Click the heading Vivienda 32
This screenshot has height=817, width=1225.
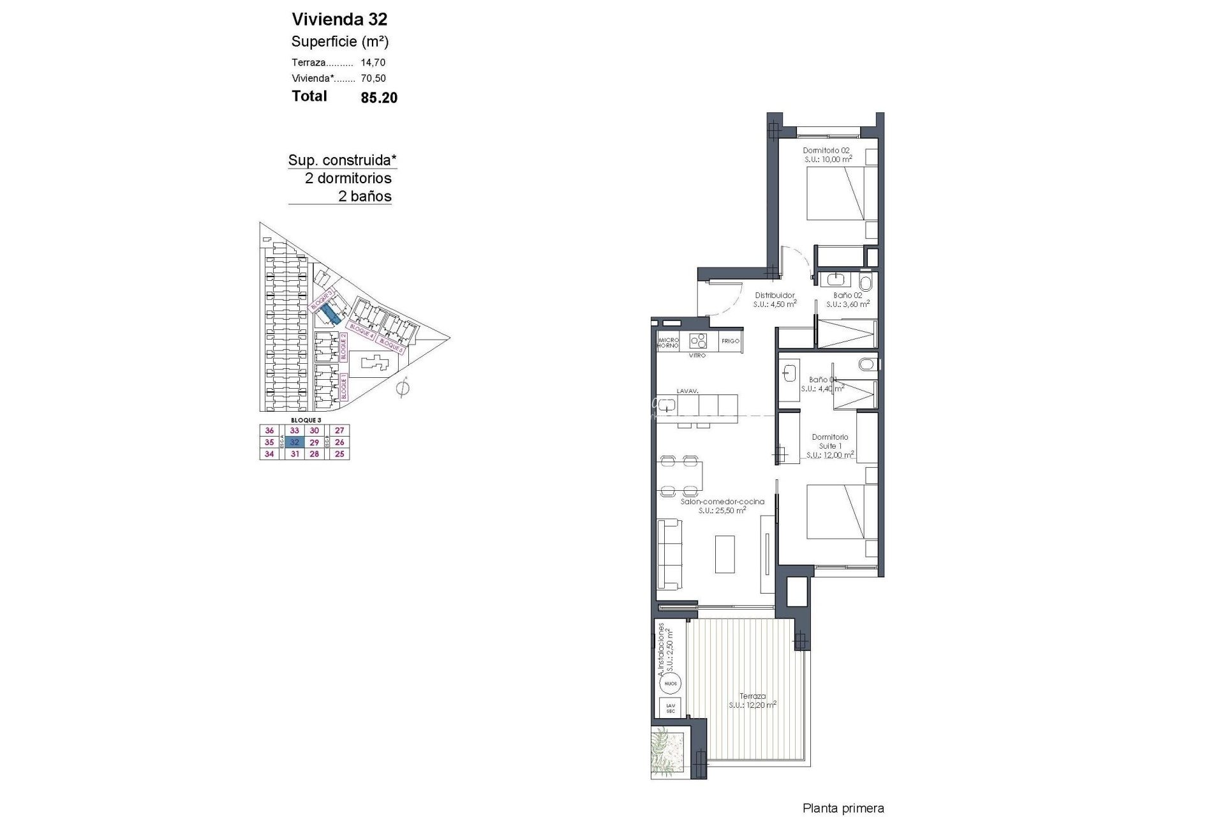coord(339,19)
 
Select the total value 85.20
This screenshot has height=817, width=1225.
coord(379,98)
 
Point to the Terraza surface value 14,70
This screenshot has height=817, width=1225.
coord(373,63)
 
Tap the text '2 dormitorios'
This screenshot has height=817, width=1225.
coord(348,178)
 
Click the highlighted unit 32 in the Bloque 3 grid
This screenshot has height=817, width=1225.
coord(295,442)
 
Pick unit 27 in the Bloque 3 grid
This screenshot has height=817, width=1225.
coord(339,431)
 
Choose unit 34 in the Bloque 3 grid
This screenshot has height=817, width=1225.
coord(269,454)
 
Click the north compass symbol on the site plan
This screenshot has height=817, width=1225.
coord(403,387)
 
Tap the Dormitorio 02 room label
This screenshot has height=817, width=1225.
coord(826,154)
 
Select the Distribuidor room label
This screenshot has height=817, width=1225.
coord(775,299)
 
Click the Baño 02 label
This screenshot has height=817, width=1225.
coord(848,299)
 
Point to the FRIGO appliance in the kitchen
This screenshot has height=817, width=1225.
coord(730,341)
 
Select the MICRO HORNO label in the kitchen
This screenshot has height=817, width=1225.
coord(669,343)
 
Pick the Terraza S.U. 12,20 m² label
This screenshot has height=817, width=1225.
coord(753,701)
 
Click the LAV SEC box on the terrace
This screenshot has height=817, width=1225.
coord(670,707)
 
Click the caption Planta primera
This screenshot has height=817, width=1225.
coord(843,809)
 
